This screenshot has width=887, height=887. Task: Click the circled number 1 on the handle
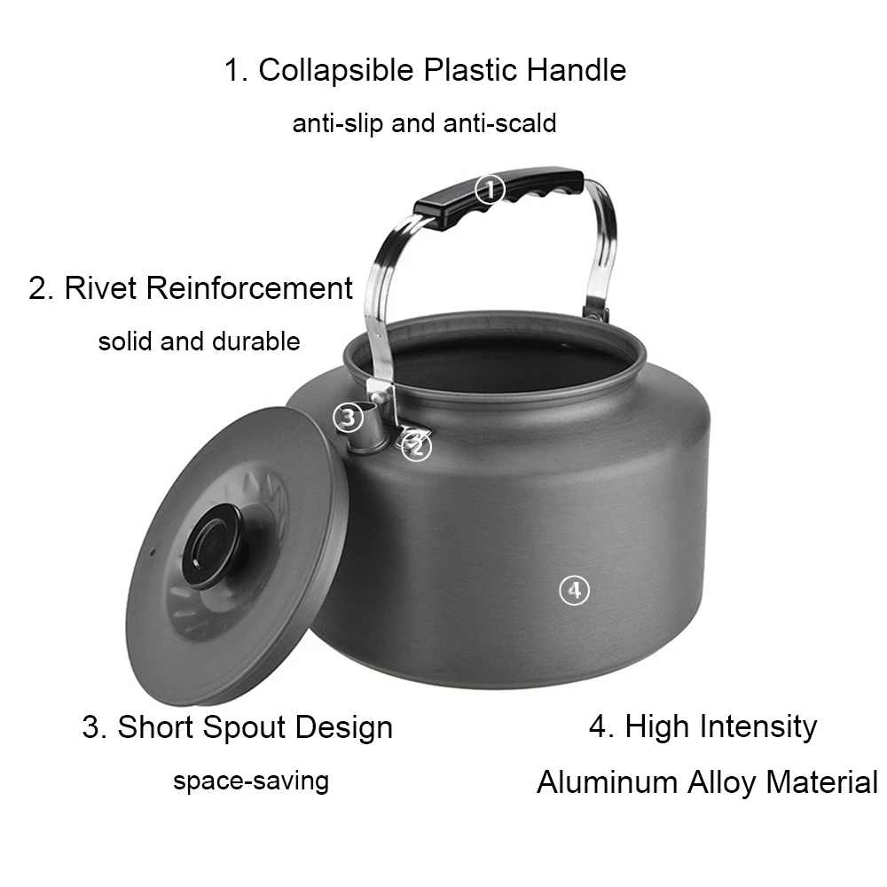coord(490,189)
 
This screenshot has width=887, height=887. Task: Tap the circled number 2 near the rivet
coord(416,448)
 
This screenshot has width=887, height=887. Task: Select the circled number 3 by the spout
coord(348,416)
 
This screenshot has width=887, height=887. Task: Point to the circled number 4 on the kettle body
coord(574,589)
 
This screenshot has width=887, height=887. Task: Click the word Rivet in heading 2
coord(101,288)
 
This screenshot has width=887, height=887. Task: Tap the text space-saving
coord(251,781)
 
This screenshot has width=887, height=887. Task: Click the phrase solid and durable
coord(200,341)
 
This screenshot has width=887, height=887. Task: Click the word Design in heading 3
coord(344,727)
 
